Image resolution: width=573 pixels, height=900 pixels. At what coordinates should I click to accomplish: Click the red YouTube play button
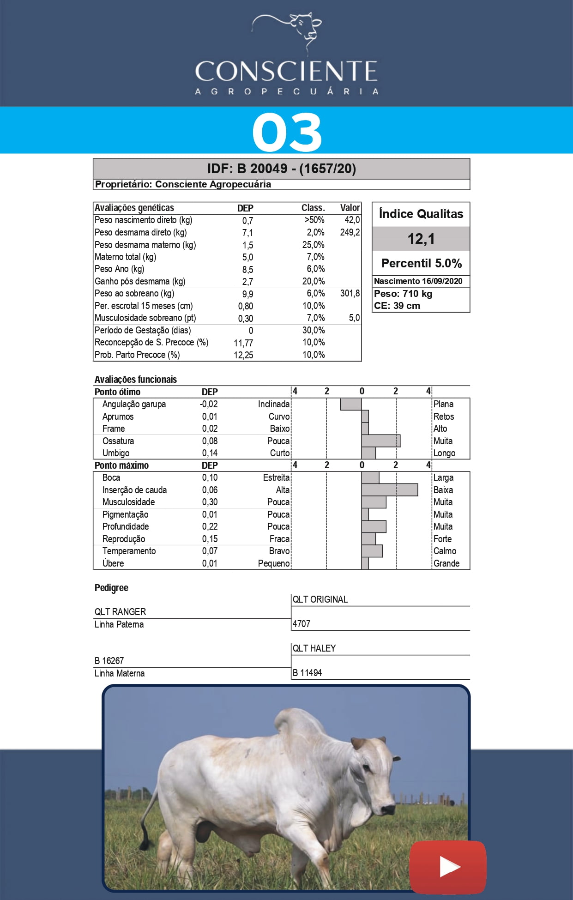(447, 867)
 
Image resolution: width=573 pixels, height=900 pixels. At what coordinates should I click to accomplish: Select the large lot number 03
(287, 132)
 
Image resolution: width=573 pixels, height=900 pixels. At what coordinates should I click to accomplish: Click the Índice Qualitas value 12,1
(421, 239)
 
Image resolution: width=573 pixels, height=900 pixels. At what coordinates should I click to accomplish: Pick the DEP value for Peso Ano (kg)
(247, 269)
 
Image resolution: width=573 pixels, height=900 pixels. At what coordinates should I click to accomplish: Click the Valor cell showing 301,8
(350, 294)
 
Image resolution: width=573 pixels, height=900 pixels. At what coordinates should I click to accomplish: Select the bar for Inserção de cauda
(389, 489)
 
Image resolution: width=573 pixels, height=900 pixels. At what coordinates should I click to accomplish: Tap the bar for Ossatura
(380, 441)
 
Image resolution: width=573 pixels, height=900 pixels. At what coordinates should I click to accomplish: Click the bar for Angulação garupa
(351, 404)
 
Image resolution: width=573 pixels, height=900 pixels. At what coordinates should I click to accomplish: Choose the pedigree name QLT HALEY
(314, 648)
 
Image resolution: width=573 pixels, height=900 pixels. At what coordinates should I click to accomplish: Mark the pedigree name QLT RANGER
(120, 612)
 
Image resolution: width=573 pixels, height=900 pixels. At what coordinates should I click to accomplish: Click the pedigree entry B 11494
(307, 673)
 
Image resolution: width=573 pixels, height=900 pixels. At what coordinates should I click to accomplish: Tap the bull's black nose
(388, 810)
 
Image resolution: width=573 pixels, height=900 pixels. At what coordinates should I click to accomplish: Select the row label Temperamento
(129, 551)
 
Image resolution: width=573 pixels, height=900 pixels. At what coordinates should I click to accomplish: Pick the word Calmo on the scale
(444, 551)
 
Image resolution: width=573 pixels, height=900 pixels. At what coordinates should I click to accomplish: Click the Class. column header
(313, 208)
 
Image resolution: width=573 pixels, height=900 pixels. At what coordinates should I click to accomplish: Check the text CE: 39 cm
(397, 306)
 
